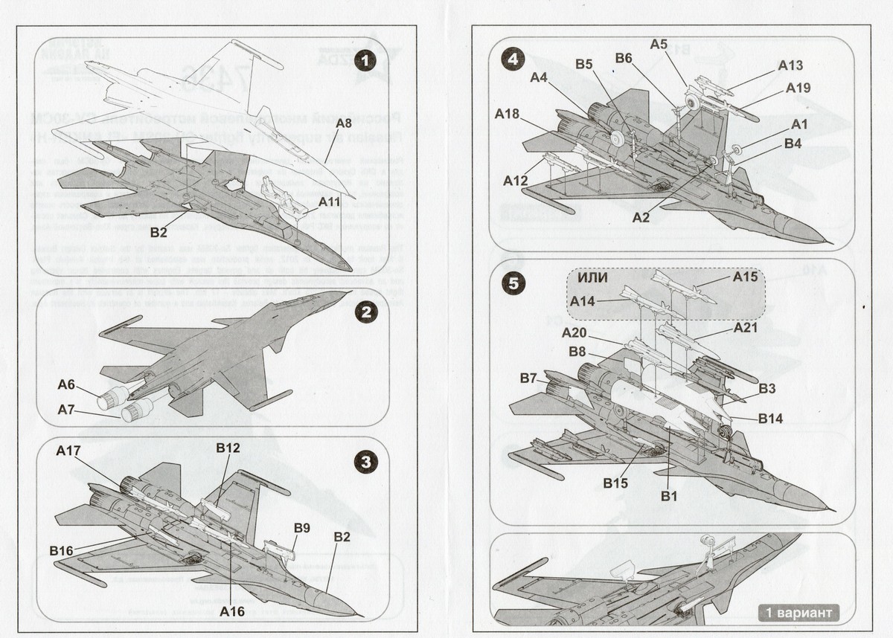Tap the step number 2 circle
[x=365, y=313]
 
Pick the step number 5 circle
[x=513, y=283]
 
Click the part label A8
[x=343, y=123]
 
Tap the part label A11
[x=329, y=202]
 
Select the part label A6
[x=67, y=384]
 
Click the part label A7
[x=67, y=409]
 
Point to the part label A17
[x=69, y=450]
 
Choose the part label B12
[x=228, y=448]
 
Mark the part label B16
[x=62, y=550]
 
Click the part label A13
[x=791, y=65]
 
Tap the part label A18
[x=508, y=114]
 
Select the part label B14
[x=771, y=419]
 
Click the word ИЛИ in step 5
[x=593, y=277]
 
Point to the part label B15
[x=617, y=483]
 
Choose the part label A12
[x=515, y=181]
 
